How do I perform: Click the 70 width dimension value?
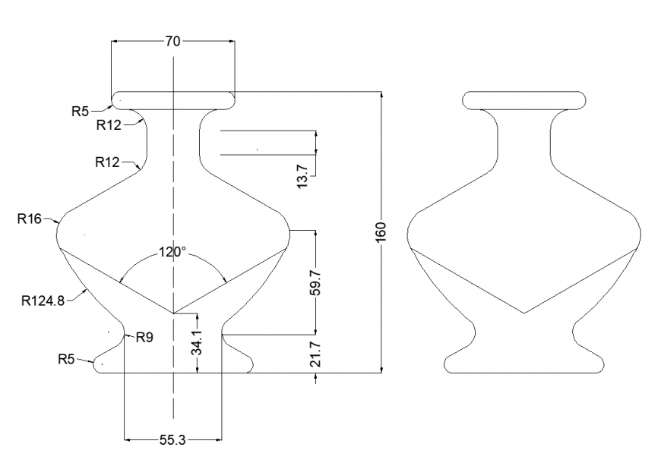173,42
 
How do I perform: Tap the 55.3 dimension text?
173,439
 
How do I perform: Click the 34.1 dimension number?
197,343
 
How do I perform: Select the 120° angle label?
172,253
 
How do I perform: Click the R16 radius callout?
30,219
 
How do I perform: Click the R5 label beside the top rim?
81,112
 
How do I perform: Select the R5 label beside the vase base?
67,358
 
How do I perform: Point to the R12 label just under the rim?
109,125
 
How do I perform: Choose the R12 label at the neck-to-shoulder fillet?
108,162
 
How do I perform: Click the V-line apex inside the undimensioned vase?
524,313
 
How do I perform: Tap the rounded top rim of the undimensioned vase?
524,99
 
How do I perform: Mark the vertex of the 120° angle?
174,313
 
